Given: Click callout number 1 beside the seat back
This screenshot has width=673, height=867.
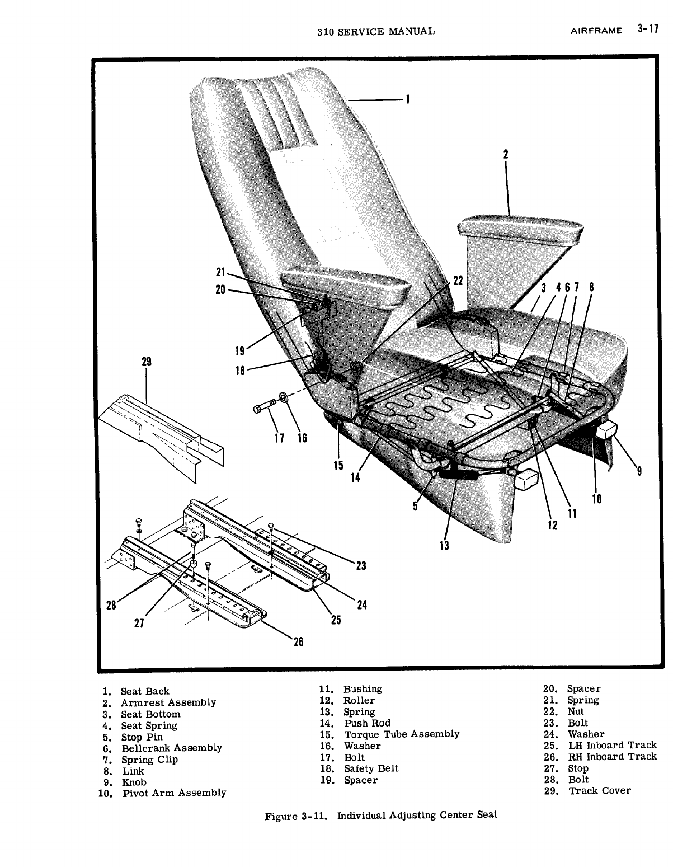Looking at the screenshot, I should [408, 100].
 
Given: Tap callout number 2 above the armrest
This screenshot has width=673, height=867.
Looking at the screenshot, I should [505, 155].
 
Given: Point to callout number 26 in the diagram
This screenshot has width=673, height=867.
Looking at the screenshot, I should [298, 642].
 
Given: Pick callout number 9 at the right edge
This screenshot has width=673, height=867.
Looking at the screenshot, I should [639, 471].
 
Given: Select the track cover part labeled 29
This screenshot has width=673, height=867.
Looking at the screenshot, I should [162, 431].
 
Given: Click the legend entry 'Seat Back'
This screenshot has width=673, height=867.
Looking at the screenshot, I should [144, 691].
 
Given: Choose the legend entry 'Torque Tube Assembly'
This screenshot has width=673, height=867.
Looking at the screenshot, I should [401, 734].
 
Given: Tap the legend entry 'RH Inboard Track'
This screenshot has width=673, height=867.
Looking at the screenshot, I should [612, 757].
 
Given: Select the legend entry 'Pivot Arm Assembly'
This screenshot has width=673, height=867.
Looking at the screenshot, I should [173, 793].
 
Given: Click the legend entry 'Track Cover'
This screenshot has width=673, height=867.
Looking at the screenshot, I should [599, 791].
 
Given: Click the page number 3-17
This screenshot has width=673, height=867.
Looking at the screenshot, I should [648, 30].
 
